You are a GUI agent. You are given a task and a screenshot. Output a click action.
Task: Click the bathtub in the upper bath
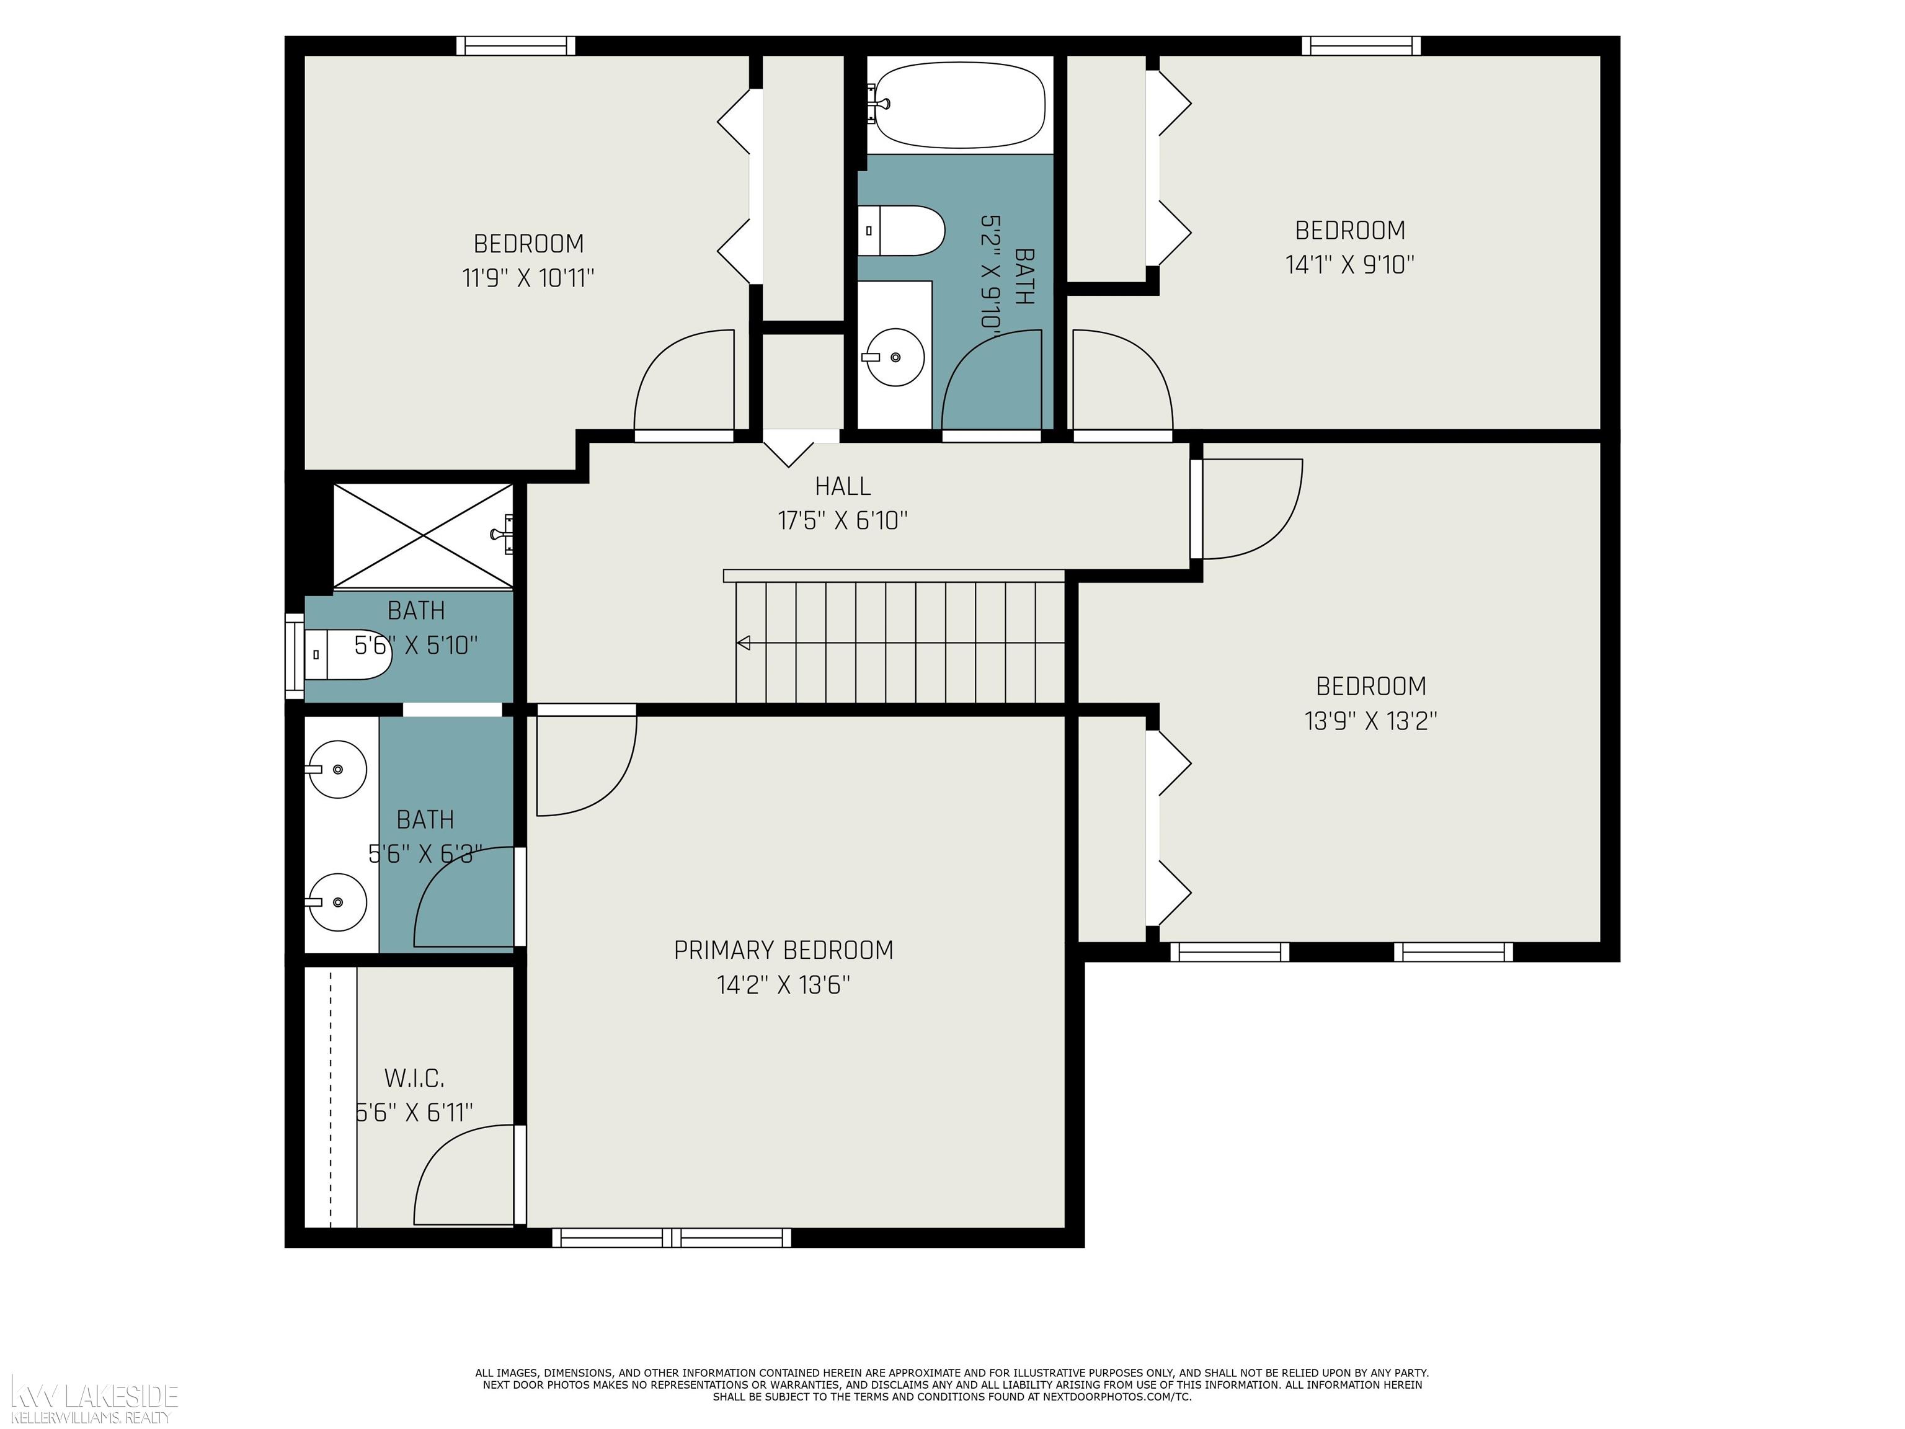[x=959, y=104]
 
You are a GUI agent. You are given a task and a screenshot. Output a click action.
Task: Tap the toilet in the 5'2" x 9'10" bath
[x=902, y=231]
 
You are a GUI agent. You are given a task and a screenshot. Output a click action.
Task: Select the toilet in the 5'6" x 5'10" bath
[x=349, y=654]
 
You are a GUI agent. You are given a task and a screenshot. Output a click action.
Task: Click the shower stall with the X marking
[x=423, y=536]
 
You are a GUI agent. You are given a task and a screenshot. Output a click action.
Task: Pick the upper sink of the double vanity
[x=337, y=768]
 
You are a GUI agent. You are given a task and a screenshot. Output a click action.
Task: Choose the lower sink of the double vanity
[x=337, y=901]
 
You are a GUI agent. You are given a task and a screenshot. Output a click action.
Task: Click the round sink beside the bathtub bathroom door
[x=894, y=356]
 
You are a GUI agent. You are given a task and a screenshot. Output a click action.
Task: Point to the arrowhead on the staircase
[x=744, y=643]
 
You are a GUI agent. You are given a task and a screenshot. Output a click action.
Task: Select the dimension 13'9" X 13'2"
[x=1371, y=721]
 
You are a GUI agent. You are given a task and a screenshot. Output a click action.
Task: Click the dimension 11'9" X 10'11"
[x=528, y=278]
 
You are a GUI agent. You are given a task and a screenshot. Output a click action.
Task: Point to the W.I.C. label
[x=414, y=1079]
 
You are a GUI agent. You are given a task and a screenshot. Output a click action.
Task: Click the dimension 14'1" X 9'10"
[x=1349, y=264]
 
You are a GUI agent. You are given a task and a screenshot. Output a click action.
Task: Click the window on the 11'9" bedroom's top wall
[x=515, y=46]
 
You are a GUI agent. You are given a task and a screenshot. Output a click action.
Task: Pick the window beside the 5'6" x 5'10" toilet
[x=295, y=656]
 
